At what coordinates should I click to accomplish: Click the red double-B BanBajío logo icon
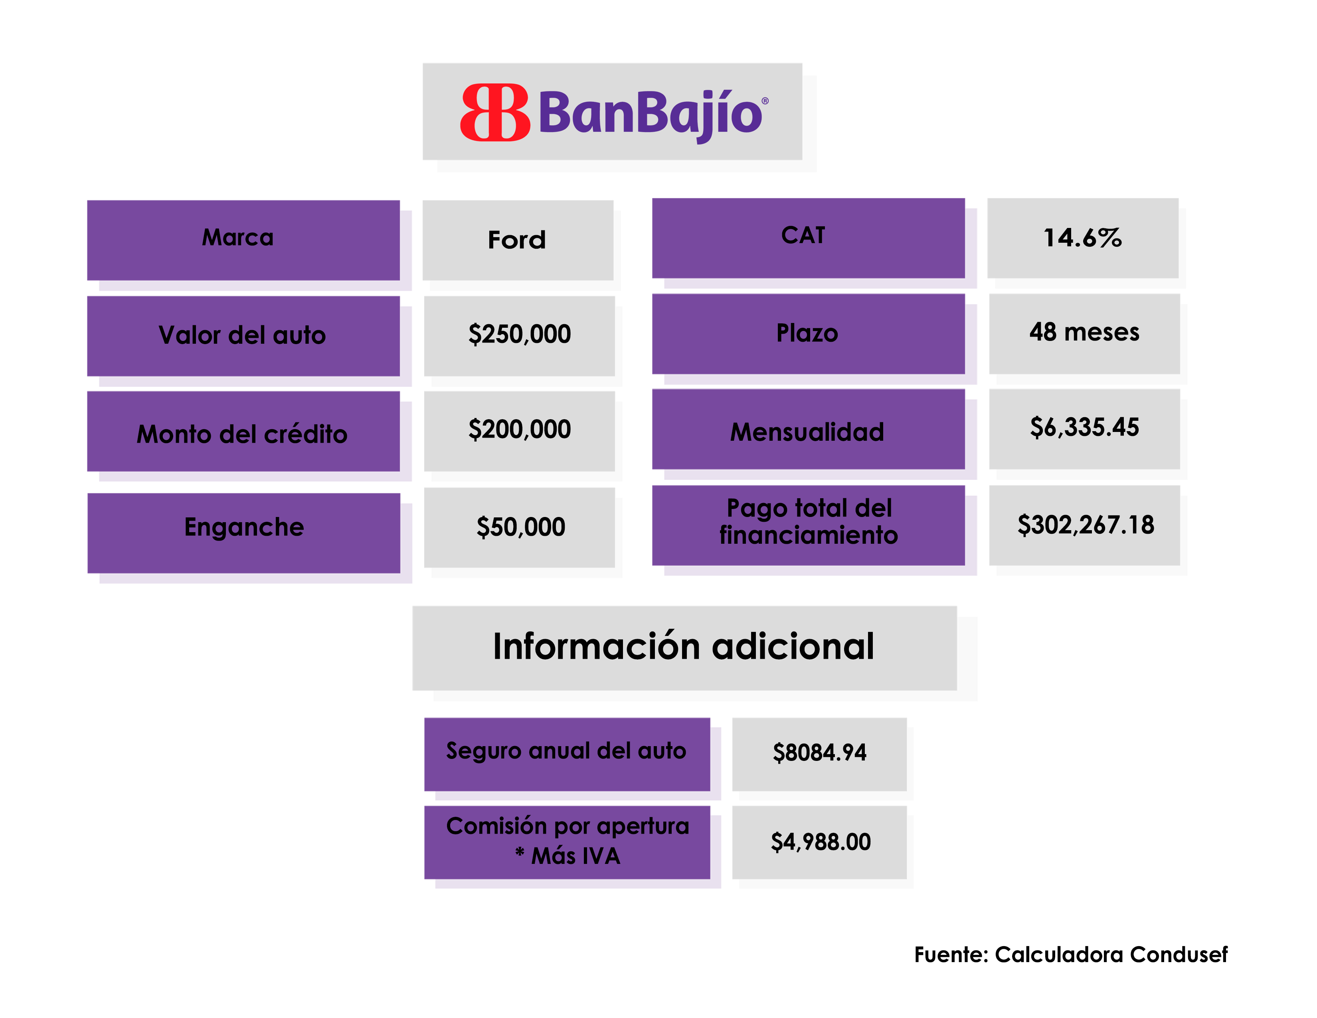click(x=494, y=113)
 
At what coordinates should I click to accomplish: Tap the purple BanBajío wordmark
click(x=651, y=113)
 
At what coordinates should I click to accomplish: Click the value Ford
click(x=517, y=240)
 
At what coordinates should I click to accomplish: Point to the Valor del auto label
click(x=243, y=335)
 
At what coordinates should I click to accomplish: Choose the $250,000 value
click(x=519, y=335)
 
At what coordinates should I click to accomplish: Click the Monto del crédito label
click(x=243, y=434)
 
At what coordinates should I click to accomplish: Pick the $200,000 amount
click(x=519, y=430)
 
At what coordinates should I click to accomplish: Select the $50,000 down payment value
click(x=520, y=527)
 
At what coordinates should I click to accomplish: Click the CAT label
click(x=804, y=236)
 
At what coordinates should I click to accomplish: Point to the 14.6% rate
click(x=1082, y=238)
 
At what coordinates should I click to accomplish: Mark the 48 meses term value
click(x=1084, y=332)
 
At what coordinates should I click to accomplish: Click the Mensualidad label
click(x=807, y=432)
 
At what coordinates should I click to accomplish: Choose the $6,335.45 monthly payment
click(x=1084, y=428)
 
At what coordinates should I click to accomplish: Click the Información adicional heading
click(x=684, y=647)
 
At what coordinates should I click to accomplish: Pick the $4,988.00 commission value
click(x=820, y=842)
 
